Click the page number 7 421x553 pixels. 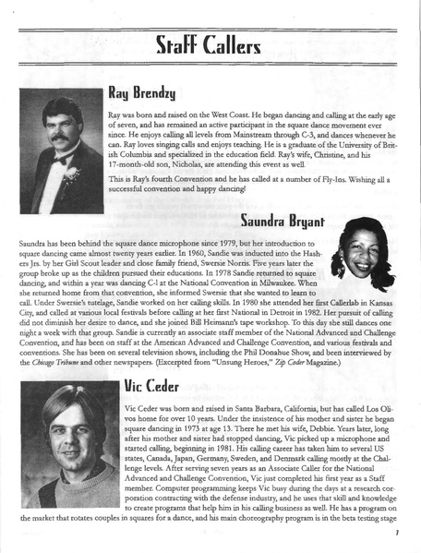coord(395,533)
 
